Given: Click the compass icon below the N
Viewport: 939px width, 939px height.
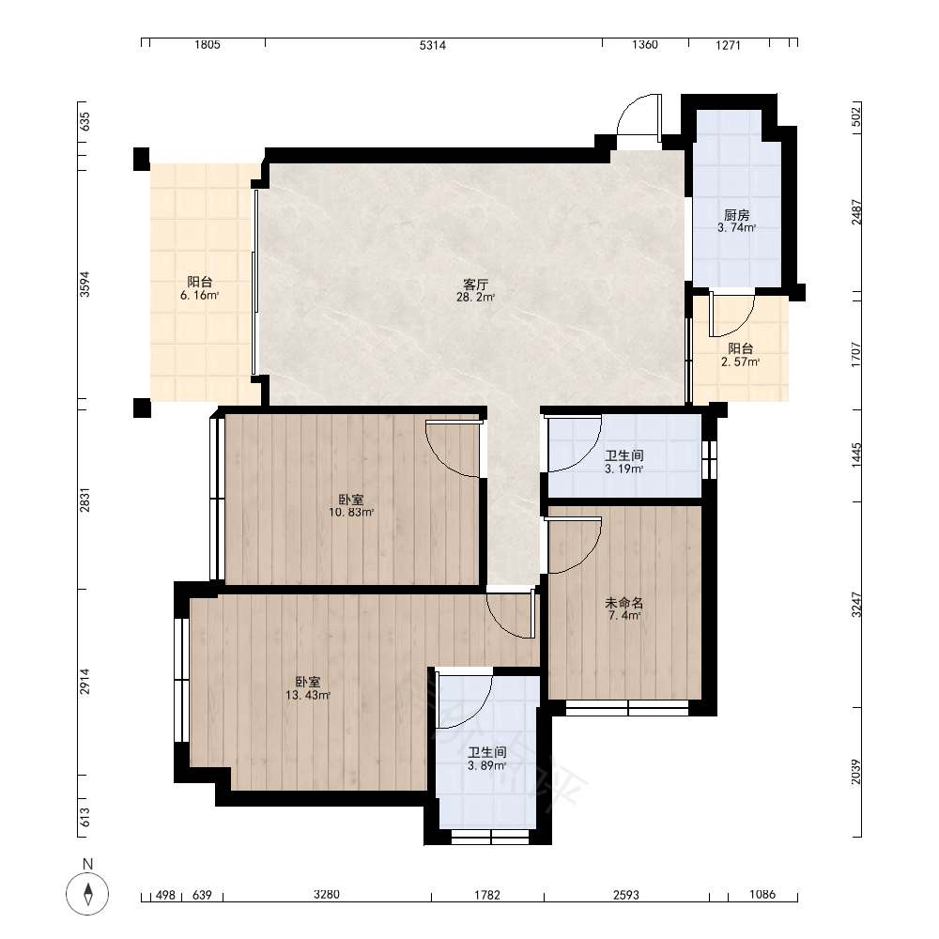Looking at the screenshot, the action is click(87, 894).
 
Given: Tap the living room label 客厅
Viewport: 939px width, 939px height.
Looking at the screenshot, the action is click(475, 284).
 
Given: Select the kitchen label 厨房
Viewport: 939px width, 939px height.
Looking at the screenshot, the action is click(736, 215).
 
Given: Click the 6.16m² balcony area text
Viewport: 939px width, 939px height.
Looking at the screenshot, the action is click(199, 295).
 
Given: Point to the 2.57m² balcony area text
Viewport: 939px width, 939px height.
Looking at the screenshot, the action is click(740, 362).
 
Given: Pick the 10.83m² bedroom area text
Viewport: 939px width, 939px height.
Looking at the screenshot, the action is click(351, 513).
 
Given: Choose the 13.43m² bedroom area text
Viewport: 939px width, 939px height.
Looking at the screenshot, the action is click(308, 695).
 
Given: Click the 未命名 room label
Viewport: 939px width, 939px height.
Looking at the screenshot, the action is click(624, 603).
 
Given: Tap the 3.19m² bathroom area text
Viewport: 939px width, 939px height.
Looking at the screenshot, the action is click(624, 469).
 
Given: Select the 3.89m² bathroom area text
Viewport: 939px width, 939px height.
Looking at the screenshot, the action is click(486, 766).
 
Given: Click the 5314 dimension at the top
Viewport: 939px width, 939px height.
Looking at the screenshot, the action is click(432, 45).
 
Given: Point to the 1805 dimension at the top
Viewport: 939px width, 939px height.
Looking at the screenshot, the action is click(208, 45).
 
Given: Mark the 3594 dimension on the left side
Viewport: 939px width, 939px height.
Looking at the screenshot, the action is click(85, 284).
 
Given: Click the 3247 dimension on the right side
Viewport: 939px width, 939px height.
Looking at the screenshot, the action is click(856, 605).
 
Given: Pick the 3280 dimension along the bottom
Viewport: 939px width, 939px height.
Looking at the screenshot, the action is click(327, 895).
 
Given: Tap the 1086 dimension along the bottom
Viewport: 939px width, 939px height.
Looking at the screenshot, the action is click(762, 895).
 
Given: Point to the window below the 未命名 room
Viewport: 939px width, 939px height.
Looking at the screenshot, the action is click(627, 708).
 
